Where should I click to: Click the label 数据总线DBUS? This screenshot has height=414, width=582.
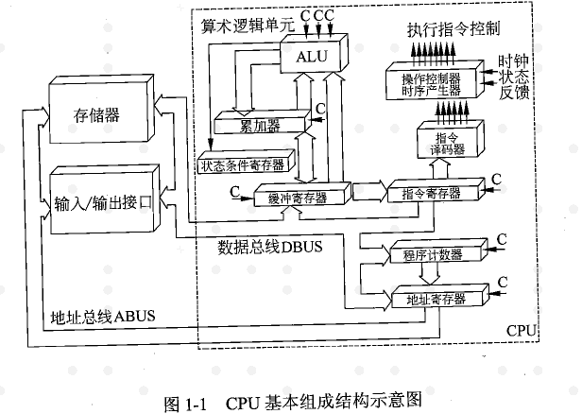point(269,248)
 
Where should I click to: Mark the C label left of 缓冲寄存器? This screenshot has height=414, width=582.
point(233,192)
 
